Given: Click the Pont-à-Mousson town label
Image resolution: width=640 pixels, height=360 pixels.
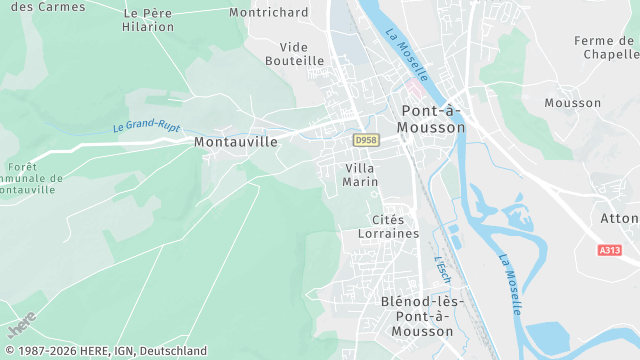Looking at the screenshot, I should (x=432, y=119).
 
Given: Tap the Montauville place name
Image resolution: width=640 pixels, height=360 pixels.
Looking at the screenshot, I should (x=235, y=142).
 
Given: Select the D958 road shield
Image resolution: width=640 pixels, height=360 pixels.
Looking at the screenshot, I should (x=365, y=139).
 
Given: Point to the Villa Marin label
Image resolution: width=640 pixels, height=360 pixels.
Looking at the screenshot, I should (x=360, y=175).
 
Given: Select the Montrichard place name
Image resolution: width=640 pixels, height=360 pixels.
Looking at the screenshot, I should (x=268, y=12).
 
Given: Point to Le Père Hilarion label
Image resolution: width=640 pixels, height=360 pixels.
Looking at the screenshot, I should (x=148, y=20).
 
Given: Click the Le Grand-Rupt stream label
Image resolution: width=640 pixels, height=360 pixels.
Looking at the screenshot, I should (x=146, y=127).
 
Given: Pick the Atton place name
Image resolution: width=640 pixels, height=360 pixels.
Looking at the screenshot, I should (x=620, y=218).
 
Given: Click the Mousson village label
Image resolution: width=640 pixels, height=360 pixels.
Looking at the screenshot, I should (x=573, y=103).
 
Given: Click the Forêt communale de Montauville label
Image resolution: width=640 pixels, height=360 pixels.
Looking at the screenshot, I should (x=30, y=179).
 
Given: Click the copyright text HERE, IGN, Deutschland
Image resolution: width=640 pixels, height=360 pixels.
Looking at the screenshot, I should (x=104, y=352).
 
